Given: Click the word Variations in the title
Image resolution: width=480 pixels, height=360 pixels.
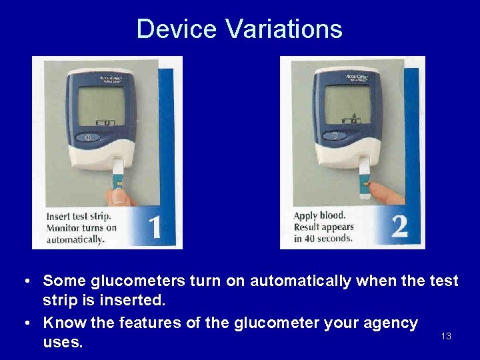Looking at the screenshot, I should (283, 29).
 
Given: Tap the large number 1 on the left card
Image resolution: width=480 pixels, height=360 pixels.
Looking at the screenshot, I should (154, 227).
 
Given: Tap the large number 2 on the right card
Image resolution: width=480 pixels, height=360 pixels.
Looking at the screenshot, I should (399, 226).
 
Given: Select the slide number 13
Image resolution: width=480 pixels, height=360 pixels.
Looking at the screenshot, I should (446, 336).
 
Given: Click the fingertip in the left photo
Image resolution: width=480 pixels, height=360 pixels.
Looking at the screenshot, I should (121, 195).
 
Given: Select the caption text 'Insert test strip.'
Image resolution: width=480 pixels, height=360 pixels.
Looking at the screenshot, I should (78, 216).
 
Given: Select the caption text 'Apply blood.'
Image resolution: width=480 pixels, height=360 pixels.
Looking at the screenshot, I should (320, 215).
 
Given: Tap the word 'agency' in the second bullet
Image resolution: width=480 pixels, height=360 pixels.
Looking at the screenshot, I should (387, 323).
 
